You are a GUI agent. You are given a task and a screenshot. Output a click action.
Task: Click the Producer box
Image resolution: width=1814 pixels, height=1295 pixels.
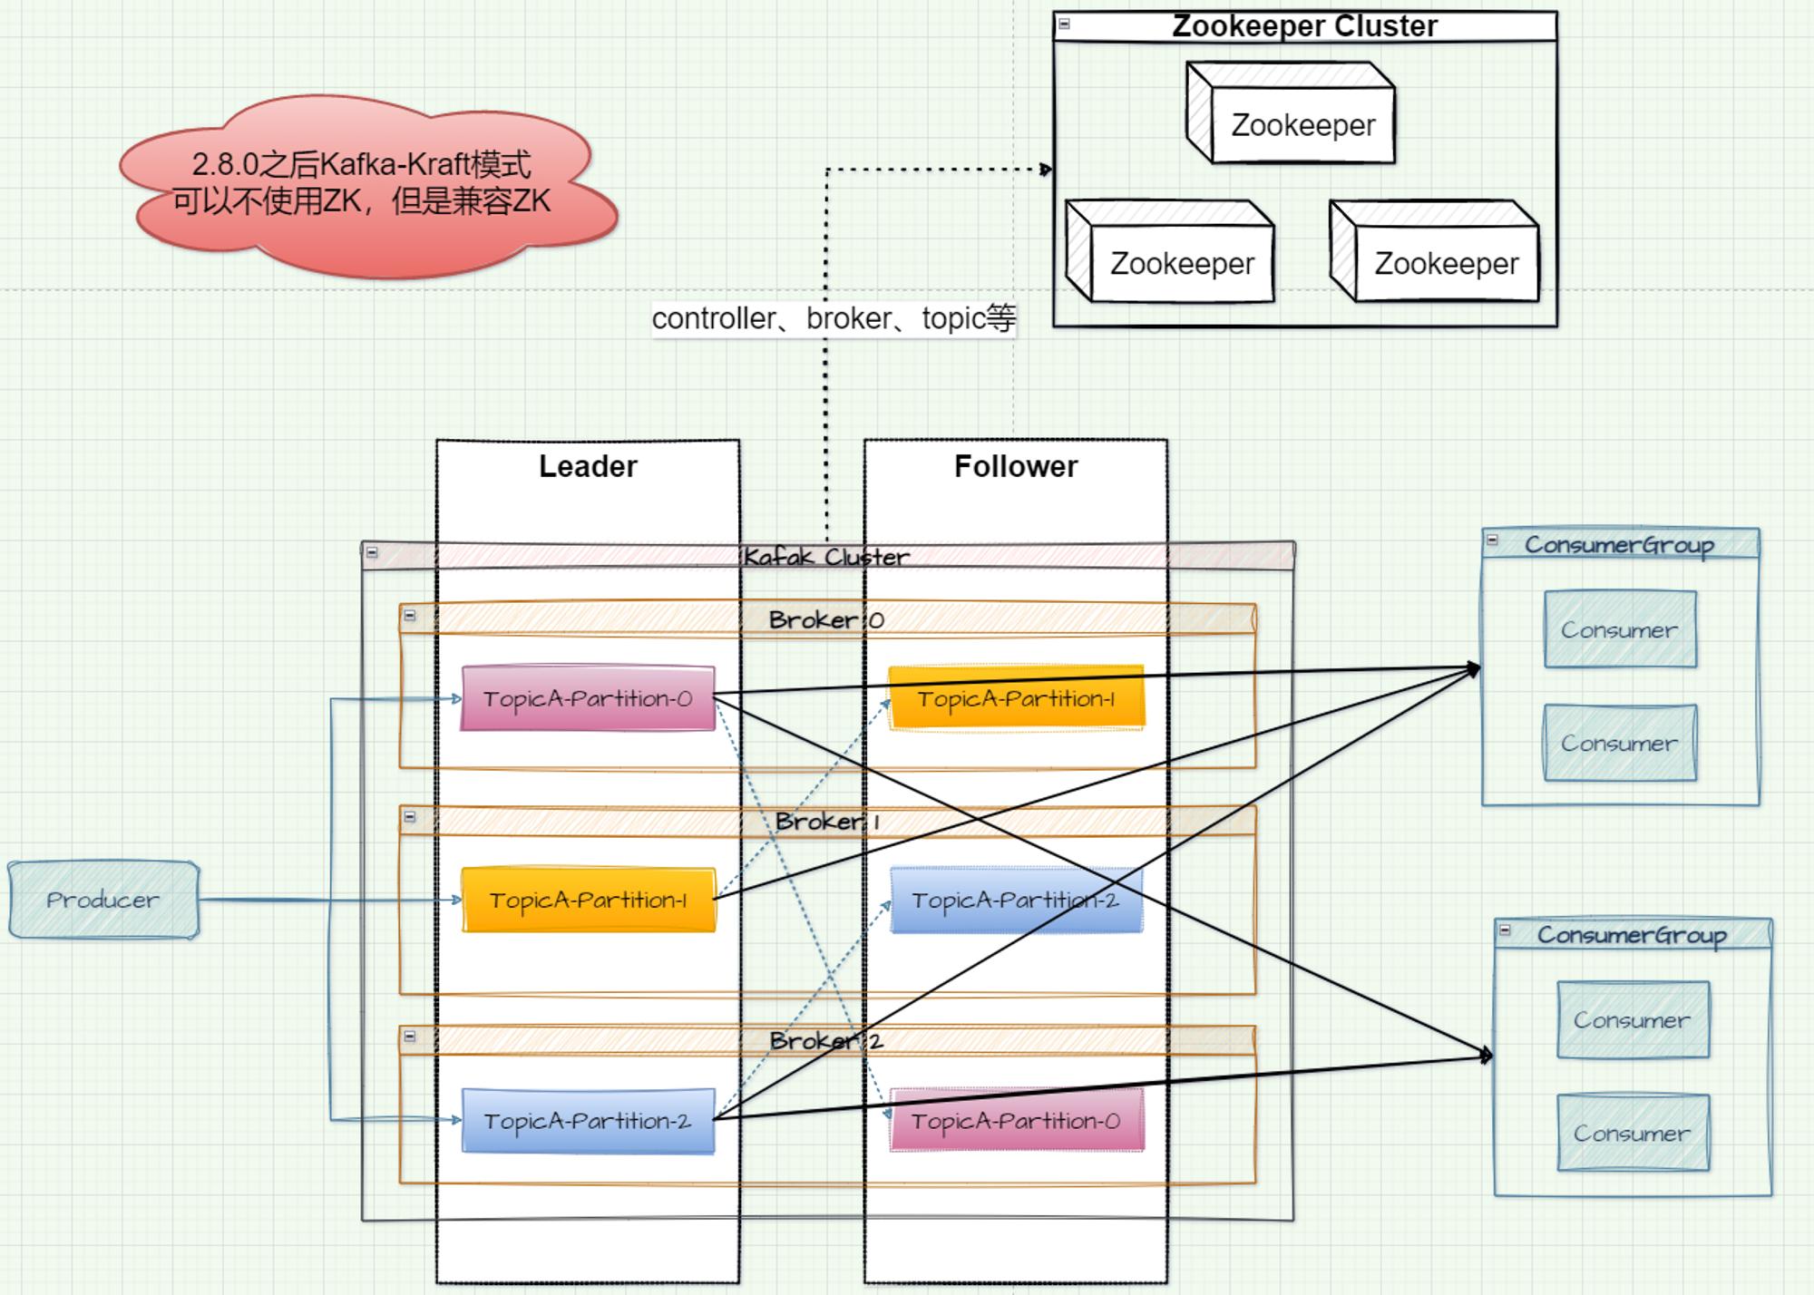click(x=103, y=900)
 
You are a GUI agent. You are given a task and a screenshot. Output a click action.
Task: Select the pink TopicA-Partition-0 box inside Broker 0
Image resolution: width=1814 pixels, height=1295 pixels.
click(x=588, y=698)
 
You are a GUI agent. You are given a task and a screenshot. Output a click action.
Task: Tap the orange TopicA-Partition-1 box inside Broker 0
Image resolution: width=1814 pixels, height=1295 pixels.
click(x=1016, y=698)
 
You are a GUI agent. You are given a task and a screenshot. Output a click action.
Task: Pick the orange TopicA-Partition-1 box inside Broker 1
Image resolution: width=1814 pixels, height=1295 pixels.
click(x=588, y=900)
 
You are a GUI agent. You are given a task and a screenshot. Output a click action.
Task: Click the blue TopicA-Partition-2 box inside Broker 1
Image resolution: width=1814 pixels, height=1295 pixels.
click(x=1016, y=900)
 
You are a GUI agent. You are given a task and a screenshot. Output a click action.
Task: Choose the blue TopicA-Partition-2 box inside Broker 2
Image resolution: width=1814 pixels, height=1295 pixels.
click(x=588, y=1121)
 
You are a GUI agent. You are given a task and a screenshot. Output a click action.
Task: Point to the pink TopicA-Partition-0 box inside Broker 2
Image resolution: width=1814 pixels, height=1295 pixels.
click(x=1016, y=1121)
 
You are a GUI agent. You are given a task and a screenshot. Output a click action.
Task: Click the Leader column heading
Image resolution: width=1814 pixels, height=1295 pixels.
click(x=588, y=466)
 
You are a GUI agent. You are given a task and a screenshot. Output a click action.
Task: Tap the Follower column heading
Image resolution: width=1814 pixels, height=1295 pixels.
click(x=1016, y=466)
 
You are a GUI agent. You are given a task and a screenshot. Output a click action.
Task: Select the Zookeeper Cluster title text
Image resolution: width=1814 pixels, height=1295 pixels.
click(x=1304, y=25)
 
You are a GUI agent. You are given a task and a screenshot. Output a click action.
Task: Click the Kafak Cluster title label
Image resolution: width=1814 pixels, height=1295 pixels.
click(x=826, y=557)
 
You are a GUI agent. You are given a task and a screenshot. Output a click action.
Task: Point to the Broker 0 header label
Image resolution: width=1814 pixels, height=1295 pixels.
click(x=826, y=620)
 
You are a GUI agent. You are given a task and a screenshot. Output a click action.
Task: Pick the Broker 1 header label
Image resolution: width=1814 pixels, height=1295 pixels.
click(x=826, y=822)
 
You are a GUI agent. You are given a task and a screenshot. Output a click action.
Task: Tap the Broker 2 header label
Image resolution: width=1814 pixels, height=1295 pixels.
click(x=826, y=1041)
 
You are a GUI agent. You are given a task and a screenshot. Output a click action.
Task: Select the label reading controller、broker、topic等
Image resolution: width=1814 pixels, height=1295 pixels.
click(x=834, y=318)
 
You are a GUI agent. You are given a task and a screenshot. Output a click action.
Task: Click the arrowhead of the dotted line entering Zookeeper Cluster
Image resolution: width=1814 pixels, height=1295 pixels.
click(x=1047, y=170)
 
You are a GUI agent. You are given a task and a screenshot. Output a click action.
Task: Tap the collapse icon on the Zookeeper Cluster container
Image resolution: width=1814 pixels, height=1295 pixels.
click(x=1065, y=24)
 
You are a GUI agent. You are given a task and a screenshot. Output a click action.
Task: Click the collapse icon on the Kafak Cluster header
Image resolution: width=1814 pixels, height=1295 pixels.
click(x=372, y=552)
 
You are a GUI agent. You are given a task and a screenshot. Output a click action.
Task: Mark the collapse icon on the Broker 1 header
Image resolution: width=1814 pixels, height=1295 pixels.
click(x=410, y=817)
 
